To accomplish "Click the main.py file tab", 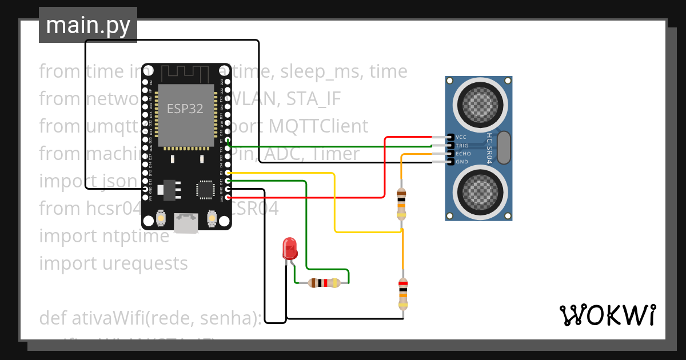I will coord(87,25).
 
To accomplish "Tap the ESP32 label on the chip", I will coord(185,109).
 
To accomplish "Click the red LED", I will coord(290,249).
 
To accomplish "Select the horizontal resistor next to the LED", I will coord(324,282).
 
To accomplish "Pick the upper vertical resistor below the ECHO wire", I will coord(401,205).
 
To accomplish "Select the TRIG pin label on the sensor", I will coord(462,146).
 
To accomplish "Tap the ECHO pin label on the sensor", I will coord(462,154).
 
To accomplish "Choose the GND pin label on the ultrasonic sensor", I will coord(461,162).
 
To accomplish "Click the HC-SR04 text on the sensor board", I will coord(489,149).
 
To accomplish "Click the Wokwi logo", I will coord(607,315).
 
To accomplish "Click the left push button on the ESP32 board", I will coord(161,218).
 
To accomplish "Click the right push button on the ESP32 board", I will coord(212,218).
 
